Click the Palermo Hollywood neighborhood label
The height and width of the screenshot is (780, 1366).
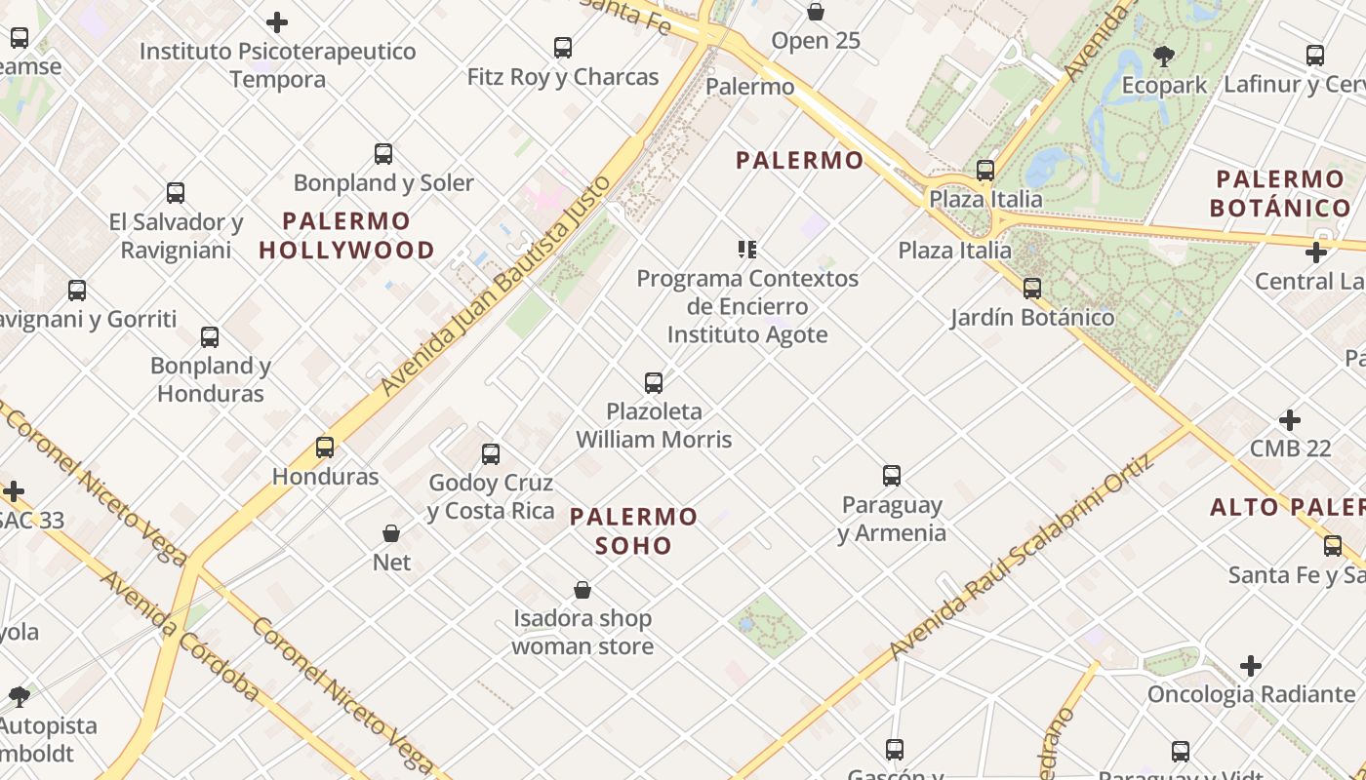[x=346, y=235]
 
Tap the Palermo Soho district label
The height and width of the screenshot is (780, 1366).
[x=634, y=530]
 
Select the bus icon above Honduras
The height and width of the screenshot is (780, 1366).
[x=325, y=448]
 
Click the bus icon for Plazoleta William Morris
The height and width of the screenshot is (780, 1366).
[x=654, y=383]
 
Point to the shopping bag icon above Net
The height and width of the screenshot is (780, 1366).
[x=391, y=533]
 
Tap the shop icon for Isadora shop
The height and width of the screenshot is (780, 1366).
[x=583, y=590]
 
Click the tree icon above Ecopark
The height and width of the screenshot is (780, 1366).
[x=1163, y=57]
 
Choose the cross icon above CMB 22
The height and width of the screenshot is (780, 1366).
[x=1290, y=420]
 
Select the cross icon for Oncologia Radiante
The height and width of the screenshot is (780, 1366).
[x=1251, y=666]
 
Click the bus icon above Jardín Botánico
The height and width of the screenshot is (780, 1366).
[x=1032, y=289]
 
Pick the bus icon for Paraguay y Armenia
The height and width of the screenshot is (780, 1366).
[x=892, y=476]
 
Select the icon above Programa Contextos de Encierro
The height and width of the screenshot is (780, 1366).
[x=747, y=250]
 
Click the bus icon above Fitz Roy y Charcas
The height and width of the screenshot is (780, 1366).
[x=563, y=48]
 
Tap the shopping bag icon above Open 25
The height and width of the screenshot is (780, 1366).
[x=816, y=13]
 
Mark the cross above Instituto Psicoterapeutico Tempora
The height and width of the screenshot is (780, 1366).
[x=277, y=21]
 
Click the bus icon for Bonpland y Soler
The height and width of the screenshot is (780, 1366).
[x=383, y=154]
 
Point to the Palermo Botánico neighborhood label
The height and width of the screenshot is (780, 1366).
[x=1280, y=193]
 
